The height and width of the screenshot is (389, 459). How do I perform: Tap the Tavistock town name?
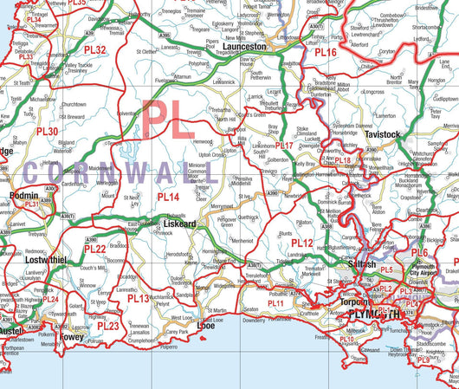(383, 135)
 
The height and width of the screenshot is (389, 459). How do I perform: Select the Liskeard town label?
(180, 223)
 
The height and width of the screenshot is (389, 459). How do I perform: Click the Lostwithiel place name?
(46, 260)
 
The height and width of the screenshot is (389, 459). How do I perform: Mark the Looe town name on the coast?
(205, 325)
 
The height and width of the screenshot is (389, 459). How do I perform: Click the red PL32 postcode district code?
(95, 50)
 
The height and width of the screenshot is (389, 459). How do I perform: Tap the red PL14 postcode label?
(168, 198)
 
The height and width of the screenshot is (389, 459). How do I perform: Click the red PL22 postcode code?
(94, 250)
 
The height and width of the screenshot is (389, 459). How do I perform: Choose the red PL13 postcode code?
(138, 298)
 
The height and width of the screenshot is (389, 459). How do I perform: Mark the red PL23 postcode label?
(108, 326)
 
